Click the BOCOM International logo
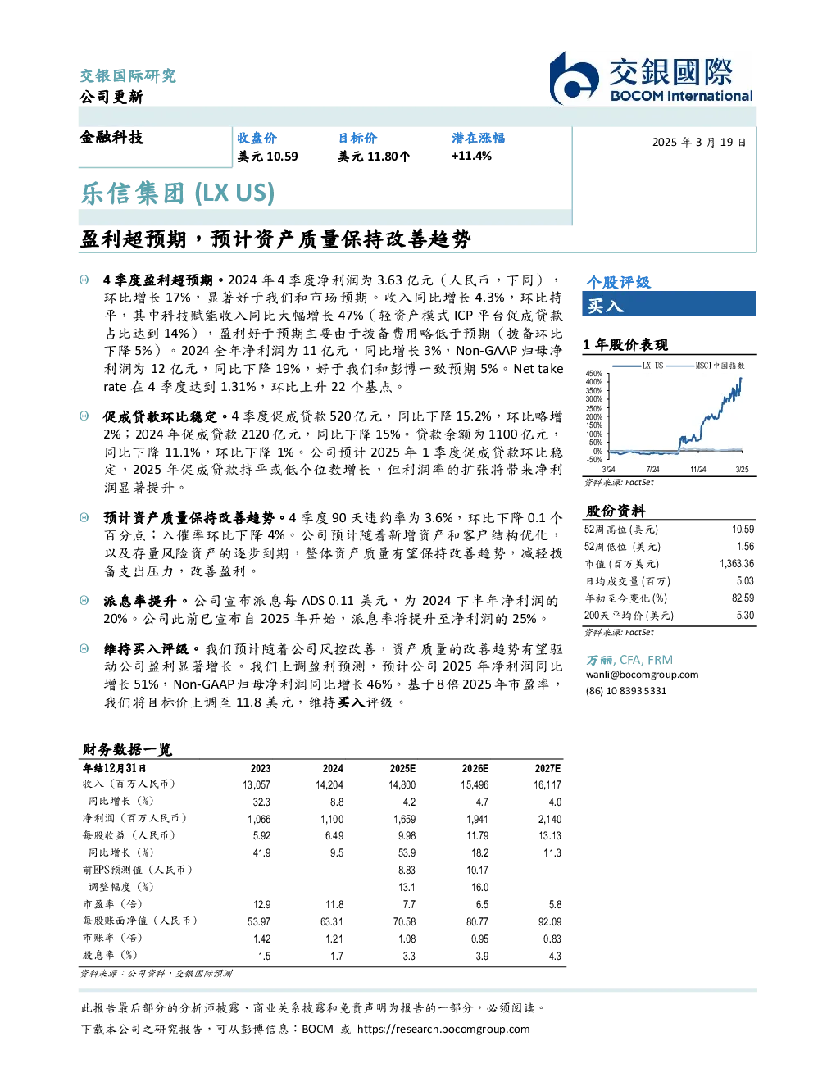click(651, 78)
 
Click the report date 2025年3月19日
click(699, 143)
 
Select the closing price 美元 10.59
click(267, 157)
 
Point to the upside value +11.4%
click(471, 156)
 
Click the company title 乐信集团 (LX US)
click(178, 193)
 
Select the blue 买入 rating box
click(669, 304)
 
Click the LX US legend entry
click(638, 366)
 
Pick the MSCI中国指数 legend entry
click(705, 366)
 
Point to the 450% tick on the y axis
click(594, 373)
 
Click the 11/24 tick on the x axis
click(697, 469)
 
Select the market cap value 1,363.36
click(736, 563)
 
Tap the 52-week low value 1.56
click(745, 546)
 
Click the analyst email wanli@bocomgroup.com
click(642, 674)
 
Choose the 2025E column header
click(402, 768)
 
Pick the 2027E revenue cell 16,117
click(547, 784)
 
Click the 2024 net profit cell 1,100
click(332, 819)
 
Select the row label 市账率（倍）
click(113, 938)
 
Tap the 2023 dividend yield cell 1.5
click(265, 956)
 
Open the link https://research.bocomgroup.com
click(443, 1029)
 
